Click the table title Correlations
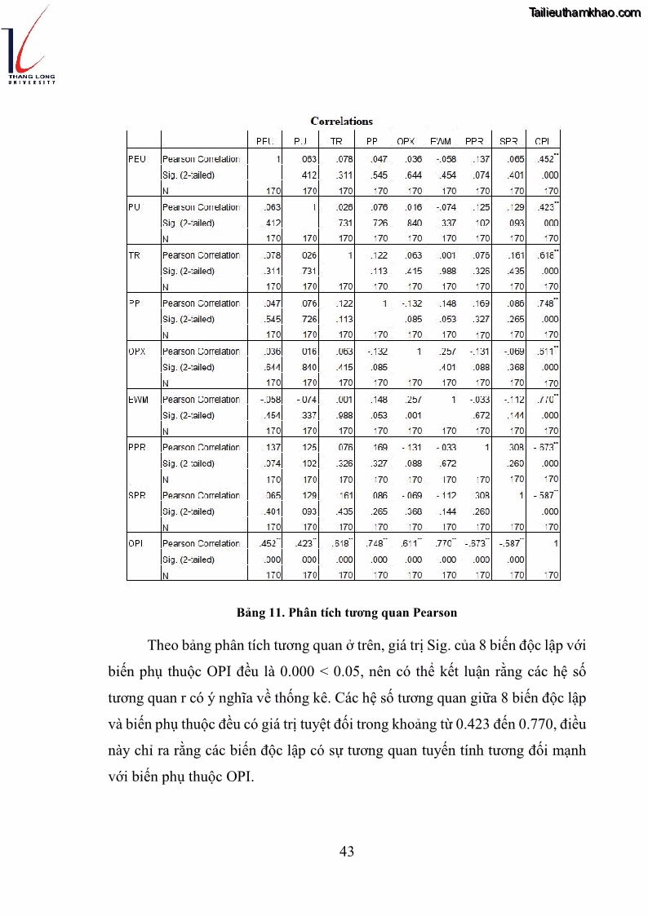pyautogui.click(x=341, y=122)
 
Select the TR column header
pyautogui.click(x=335, y=140)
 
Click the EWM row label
pyautogui.click(x=139, y=400)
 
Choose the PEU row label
pyautogui.click(x=137, y=159)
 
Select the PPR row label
pyautogui.click(x=138, y=448)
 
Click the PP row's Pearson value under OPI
pyautogui.click(x=546, y=303)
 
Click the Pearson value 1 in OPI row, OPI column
pyautogui.click(x=556, y=543)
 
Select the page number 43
pyautogui.click(x=346, y=852)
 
